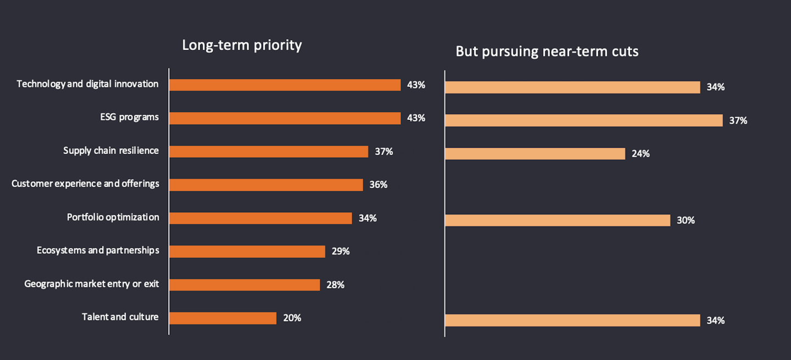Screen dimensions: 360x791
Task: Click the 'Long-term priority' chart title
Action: pyautogui.click(x=242, y=45)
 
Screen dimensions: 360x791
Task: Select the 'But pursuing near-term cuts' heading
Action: pyautogui.click(x=547, y=51)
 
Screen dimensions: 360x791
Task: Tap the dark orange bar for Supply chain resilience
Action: pyautogui.click(x=269, y=152)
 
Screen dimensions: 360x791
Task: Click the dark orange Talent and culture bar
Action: pyautogui.click(x=222, y=318)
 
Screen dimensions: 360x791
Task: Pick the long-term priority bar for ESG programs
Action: pyautogui.click(x=285, y=118)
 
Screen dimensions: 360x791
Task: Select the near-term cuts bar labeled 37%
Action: pyautogui.click(x=583, y=120)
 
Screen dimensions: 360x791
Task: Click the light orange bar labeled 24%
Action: pyautogui.click(x=534, y=154)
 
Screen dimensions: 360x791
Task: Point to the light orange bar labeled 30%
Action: pyautogui.click(x=557, y=220)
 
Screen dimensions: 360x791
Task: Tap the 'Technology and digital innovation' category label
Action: pyautogui.click(x=87, y=84)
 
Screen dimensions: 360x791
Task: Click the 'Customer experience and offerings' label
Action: pyautogui.click(x=85, y=184)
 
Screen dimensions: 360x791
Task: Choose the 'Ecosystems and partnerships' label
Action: pyautogui.click(x=98, y=251)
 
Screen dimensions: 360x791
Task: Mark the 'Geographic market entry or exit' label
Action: pyautogui.click(x=92, y=284)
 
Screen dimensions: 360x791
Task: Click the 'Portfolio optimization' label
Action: pyautogui.click(x=113, y=217)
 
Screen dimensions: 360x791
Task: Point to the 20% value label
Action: pyautogui.click(x=292, y=318)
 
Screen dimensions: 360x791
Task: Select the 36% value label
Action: pyautogui.click(x=378, y=185)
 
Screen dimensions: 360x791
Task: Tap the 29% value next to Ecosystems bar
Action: pyautogui.click(x=341, y=251)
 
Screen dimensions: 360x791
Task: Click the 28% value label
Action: pyautogui.click(x=335, y=285)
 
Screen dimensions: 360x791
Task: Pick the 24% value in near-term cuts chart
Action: pyautogui.click(x=640, y=154)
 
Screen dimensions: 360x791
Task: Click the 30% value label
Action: pyautogui.click(x=686, y=220)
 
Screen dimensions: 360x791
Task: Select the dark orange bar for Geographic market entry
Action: pyautogui.click(x=244, y=285)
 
